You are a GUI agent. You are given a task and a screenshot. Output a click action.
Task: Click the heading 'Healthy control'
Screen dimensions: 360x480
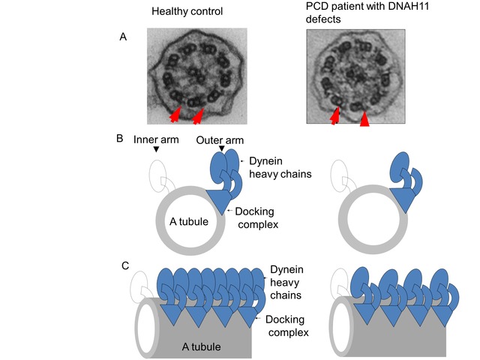coord(187,11)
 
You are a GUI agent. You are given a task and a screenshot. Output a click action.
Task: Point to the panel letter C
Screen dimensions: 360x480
coord(127,266)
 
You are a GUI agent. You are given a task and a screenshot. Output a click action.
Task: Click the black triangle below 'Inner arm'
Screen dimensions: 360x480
coord(155,150)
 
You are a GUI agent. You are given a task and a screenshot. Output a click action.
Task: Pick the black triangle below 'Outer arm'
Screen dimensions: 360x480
coord(222,150)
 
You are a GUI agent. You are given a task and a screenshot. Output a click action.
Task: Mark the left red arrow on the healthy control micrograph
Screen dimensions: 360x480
coord(174,115)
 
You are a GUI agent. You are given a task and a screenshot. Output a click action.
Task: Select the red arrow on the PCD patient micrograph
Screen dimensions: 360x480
coord(334,115)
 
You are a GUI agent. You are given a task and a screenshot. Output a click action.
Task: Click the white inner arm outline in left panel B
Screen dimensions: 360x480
coord(159,178)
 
